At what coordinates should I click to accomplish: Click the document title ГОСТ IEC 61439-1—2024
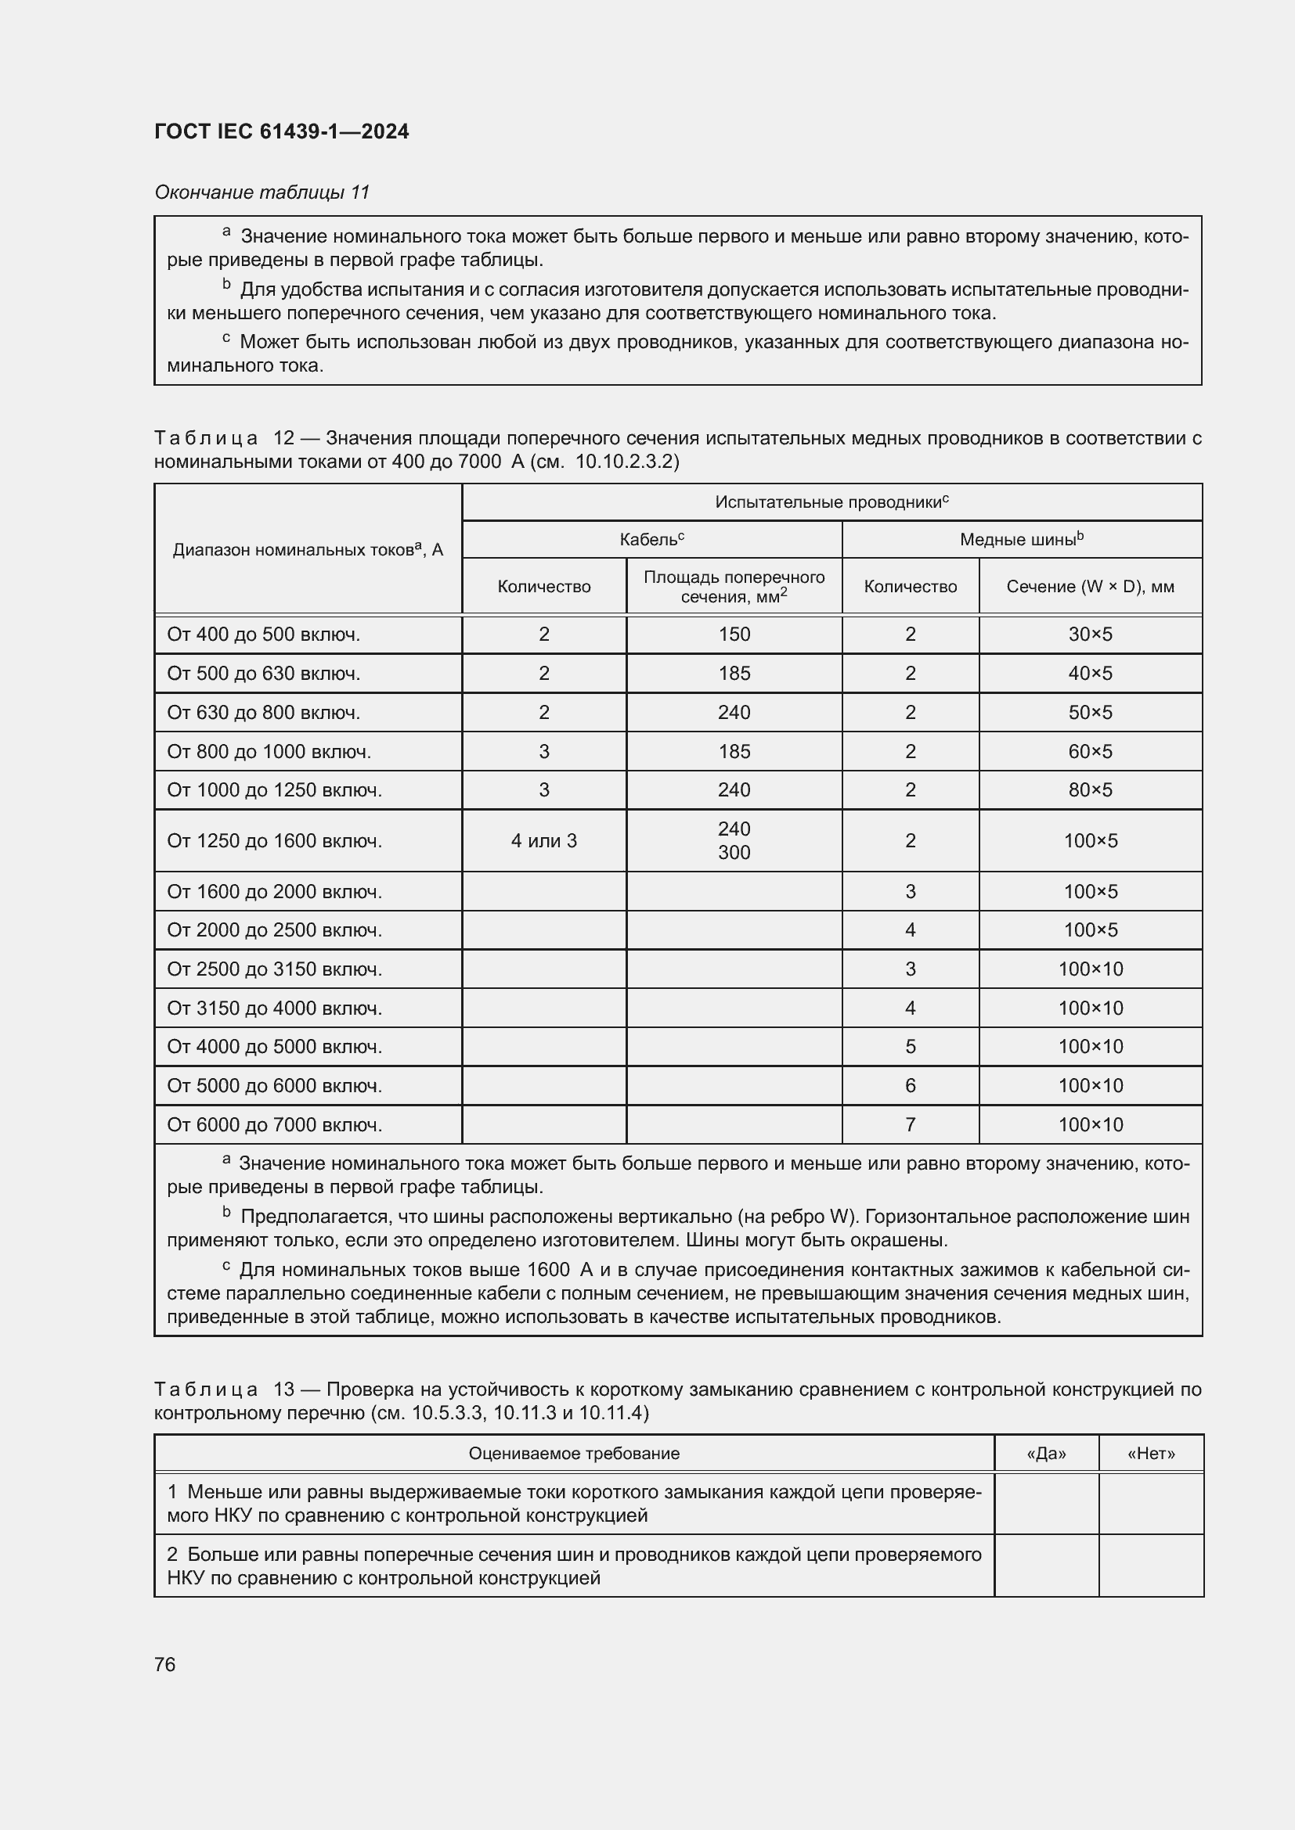tap(282, 131)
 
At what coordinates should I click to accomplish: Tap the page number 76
tap(165, 1664)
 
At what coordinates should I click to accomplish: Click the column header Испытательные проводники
tap(831, 502)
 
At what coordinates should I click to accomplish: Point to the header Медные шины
tap(1021, 540)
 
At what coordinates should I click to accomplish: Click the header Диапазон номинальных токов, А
tap(308, 549)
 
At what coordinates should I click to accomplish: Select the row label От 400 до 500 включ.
tap(263, 635)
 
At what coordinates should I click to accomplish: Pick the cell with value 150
tap(734, 635)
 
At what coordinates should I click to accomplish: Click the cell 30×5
tap(1089, 635)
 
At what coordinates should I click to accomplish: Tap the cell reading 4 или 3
tap(544, 840)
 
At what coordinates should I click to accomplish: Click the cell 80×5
tap(1089, 790)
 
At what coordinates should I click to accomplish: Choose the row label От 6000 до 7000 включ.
tap(274, 1124)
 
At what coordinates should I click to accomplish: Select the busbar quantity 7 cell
tap(910, 1124)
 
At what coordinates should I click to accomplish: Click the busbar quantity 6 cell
tap(910, 1086)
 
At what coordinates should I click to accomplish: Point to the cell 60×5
tap(1089, 752)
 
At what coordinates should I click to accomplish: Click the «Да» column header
tap(1046, 1453)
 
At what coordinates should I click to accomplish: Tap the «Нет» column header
tap(1151, 1453)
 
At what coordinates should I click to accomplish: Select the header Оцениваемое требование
tap(574, 1453)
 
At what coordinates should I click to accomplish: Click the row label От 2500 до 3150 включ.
tap(274, 969)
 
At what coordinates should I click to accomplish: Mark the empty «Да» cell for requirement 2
tap(1046, 1566)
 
